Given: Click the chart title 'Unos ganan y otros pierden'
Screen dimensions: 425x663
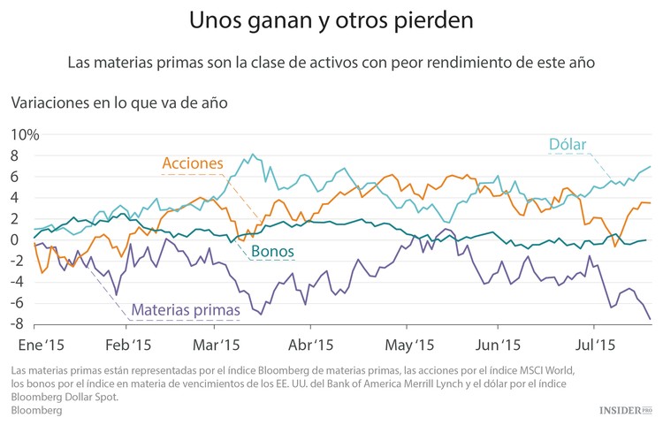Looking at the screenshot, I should (x=331, y=19).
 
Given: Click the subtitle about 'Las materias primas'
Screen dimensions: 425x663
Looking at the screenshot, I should (x=331, y=63).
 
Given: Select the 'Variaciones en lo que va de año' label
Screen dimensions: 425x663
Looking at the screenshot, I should (x=119, y=102).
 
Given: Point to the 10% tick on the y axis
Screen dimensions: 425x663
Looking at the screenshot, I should (x=24, y=134).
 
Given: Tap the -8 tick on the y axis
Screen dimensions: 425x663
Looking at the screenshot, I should (x=27, y=323).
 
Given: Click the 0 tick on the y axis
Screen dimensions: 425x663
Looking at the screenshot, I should (x=28, y=239).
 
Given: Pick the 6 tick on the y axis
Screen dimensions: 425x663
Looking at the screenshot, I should (x=28, y=177).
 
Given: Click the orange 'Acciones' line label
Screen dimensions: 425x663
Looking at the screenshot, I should (x=192, y=163).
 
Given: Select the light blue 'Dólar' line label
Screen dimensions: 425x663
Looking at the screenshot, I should (x=568, y=144).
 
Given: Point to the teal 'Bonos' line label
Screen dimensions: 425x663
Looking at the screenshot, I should (x=273, y=252).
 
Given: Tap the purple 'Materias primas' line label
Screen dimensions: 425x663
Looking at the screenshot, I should (x=186, y=310).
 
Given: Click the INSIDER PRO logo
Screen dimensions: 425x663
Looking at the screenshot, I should (x=625, y=410).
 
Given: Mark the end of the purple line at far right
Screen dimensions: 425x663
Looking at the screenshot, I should (x=651, y=319).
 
